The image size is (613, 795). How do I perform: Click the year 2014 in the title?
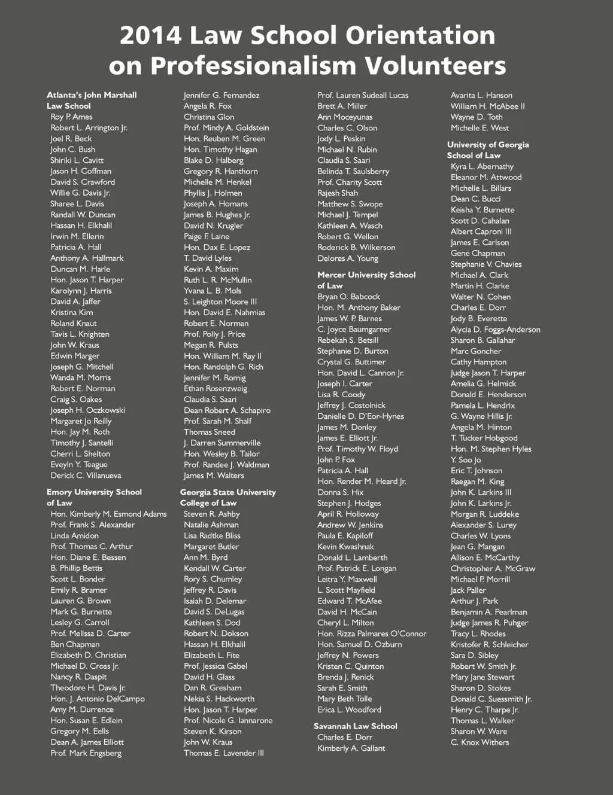pyautogui.click(x=150, y=36)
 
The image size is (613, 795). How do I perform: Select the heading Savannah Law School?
pyautogui.click(x=355, y=726)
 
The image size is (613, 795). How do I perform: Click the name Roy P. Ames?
pyautogui.click(x=71, y=117)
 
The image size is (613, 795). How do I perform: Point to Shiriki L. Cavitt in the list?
pyautogui.click(x=77, y=160)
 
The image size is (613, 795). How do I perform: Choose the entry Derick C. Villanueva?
pyautogui.click(x=86, y=476)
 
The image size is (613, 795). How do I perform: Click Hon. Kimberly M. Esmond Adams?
pyautogui.click(x=108, y=514)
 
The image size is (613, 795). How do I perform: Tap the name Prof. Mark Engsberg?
pyautogui.click(x=86, y=753)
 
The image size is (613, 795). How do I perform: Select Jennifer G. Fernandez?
pyautogui.click(x=221, y=95)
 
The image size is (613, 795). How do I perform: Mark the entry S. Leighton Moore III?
pyautogui.click(x=220, y=301)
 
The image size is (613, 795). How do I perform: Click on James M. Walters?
pyautogui.click(x=214, y=476)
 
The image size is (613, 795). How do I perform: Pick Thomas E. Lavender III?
pyautogui.click(x=223, y=753)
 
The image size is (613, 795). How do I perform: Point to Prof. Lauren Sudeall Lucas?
pyautogui.click(x=363, y=95)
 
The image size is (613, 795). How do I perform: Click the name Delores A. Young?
pyautogui.click(x=348, y=258)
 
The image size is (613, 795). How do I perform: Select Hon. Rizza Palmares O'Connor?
pyautogui.click(x=372, y=633)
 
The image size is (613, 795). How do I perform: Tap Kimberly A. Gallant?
pyautogui.click(x=351, y=748)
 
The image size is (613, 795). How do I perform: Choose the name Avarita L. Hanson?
pyautogui.click(x=481, y=95)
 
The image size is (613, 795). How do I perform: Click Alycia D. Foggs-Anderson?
pyautogui.click(x=495, y=330)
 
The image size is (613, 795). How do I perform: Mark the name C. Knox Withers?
pyautogui.click(x=480, y=742)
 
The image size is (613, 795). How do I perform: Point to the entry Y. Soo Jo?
pyautogui.click(x=466, y=460)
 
